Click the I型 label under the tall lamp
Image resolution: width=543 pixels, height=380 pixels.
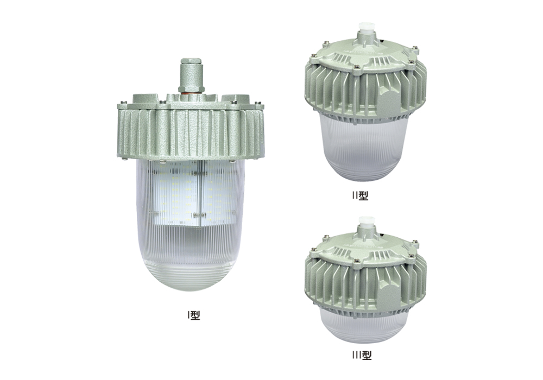coord(194,315)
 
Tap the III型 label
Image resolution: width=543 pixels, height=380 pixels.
coord(362,356)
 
